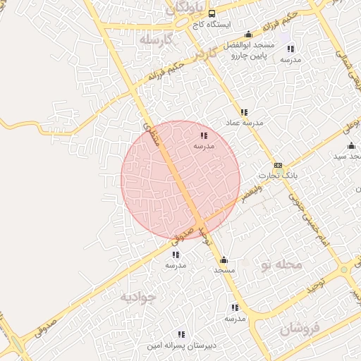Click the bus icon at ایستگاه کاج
tap(212, 13)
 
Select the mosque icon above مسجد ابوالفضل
tap(247, 35)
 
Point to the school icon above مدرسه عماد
tap(244, 112)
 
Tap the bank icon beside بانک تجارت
tap(278, 165)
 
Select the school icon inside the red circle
tap(204, 135)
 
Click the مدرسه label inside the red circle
tap(204, 145)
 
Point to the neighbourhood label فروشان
tap(299, 328)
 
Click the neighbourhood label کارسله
tap(156, 39)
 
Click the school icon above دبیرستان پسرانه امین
tap(181, 334)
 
